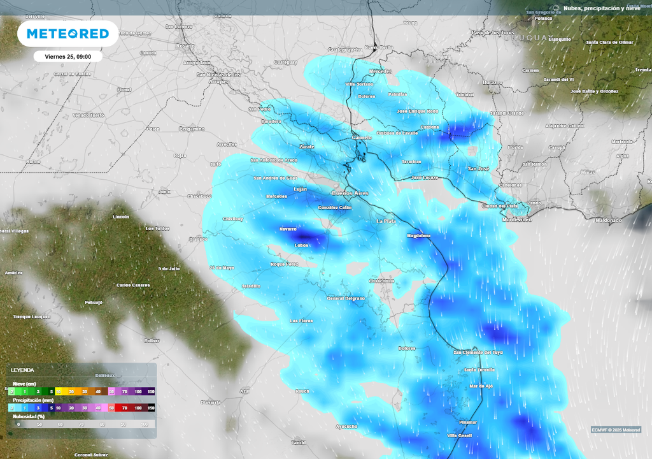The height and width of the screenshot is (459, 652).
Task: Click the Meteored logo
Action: [67, 34]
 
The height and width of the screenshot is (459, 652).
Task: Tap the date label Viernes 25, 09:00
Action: [67, 56]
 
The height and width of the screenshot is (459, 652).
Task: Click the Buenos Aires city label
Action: [350, 193]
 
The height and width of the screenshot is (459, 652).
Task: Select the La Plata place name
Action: [386, 221]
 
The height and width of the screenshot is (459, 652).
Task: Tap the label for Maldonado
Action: [608, 220]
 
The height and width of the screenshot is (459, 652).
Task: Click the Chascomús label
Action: [382, 280]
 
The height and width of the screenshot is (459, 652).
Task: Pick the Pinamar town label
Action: [468, 422]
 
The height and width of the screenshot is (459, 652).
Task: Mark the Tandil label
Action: [298, 442]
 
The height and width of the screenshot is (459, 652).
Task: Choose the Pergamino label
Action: [192, 129]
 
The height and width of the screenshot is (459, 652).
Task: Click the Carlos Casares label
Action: [133, 285]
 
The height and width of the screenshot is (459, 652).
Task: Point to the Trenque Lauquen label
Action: [31, 316]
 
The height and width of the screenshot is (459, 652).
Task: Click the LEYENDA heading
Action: [22, 370]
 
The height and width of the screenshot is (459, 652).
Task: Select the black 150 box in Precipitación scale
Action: [151, 407]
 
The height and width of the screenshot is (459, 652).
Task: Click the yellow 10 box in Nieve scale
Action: [58, 391]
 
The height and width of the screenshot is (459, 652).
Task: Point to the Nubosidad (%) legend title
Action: [29, 416]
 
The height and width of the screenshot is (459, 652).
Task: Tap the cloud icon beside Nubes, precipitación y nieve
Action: [556, 8]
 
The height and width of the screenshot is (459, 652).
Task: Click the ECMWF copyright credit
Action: [615, 429]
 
